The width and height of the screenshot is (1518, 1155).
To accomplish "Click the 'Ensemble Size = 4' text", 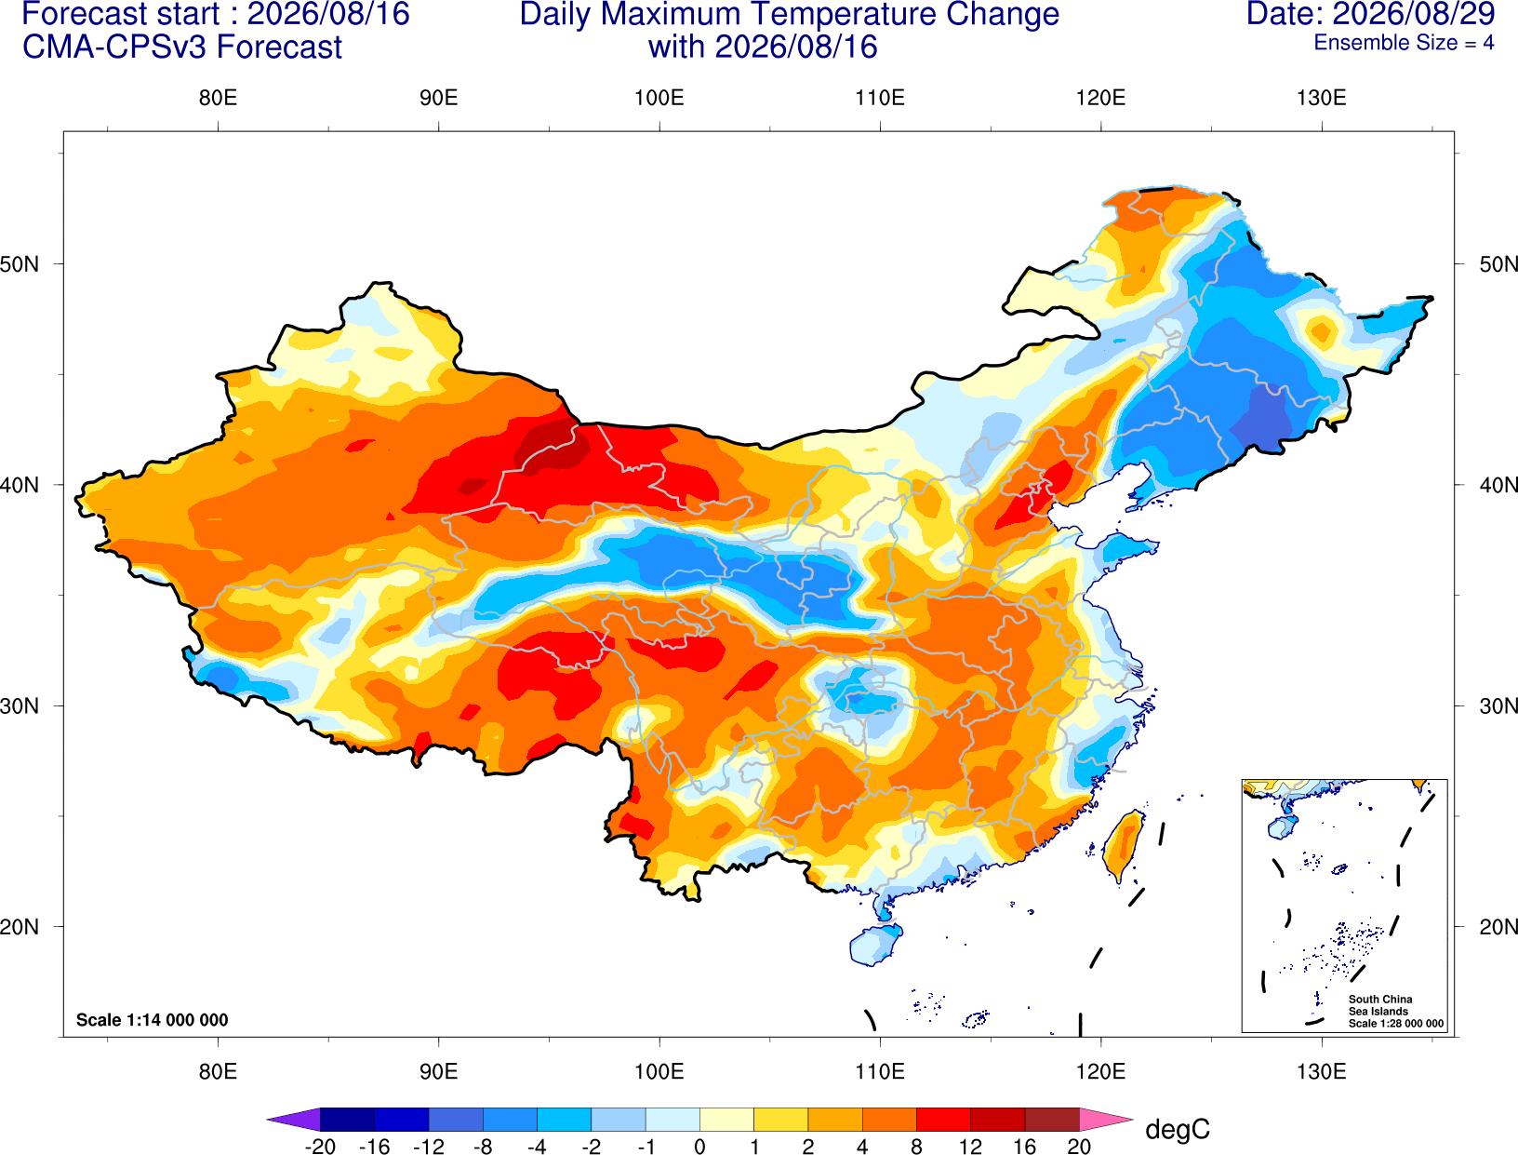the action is (x=1404, y=43).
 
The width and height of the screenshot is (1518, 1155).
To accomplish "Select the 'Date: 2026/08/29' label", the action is (x=1370, y=13).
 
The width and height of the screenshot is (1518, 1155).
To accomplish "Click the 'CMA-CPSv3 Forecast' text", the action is (x=182, y=47).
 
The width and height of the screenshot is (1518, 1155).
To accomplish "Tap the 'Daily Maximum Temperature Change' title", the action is (x=789, y=14).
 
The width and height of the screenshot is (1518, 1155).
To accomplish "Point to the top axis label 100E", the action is (x=659, y=98).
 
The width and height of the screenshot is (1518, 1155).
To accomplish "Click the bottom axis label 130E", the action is (x=1321, y=1072).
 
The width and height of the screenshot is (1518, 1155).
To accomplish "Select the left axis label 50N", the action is (x=20, y=263).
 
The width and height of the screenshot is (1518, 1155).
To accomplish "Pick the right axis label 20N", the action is (x=1498, y=927).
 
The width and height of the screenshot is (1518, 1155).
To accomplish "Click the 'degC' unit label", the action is (x=1177, y=1129).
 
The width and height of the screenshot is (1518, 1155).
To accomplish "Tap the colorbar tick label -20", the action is (x=320, y=1147).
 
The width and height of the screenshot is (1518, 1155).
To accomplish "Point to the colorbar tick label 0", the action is (x=699, y=1147).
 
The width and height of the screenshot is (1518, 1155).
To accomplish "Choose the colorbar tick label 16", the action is (x=1024, y=1147).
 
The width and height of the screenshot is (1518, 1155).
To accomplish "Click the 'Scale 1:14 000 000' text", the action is (x=153, y=1019).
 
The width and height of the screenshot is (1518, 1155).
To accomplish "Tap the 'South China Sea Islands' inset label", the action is (x=1379, y=1005).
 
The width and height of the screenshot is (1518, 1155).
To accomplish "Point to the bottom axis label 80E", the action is (x=218, y=1072).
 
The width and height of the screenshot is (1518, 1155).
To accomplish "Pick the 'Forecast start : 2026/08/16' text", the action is (x=216, y=14).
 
